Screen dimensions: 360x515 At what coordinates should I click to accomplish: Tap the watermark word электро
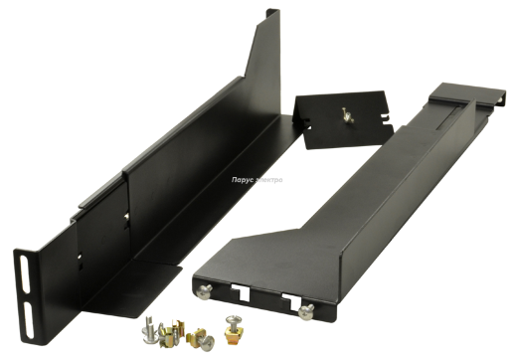point(268,180)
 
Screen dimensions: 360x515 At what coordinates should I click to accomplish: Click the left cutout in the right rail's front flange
point(243,293)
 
